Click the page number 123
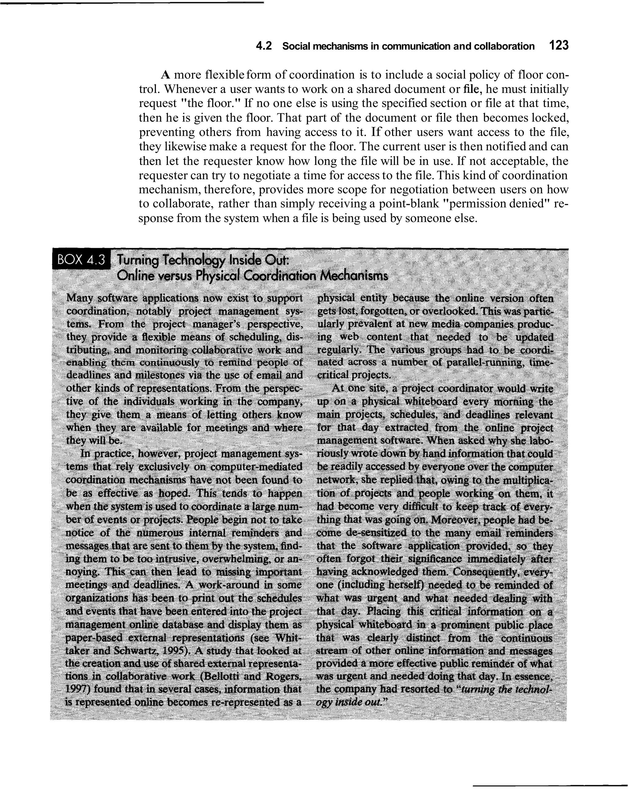558,46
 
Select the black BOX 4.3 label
81,259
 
